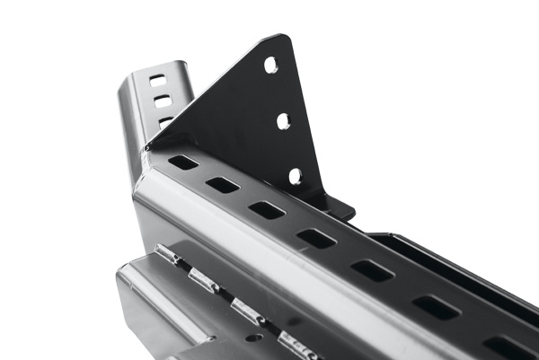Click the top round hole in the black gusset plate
270,65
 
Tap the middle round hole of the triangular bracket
283,120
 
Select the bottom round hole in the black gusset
295,176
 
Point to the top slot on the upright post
157,80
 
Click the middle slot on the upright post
162,101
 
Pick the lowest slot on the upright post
165,120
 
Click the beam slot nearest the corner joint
183,162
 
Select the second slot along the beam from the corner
222,185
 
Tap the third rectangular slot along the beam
267,210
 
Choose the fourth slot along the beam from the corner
316,238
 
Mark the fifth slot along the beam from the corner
371,270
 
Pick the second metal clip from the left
203,282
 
